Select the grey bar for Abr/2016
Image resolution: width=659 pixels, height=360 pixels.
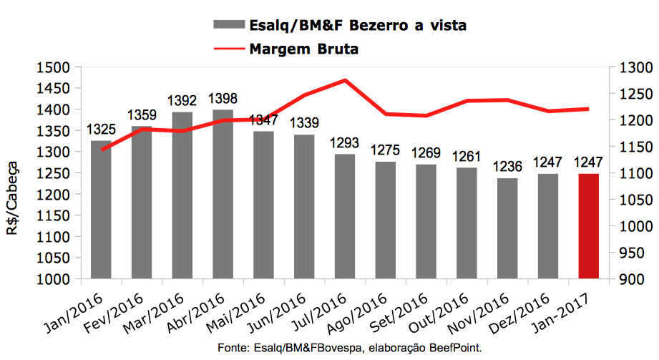pos(223,194)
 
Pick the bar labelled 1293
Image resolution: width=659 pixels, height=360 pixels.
pos(345,216)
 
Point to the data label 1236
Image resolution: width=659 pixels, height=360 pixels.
pos(507,168)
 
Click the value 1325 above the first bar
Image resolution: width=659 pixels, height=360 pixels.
pos(101,130)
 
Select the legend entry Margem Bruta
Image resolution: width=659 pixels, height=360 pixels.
pos(303,49)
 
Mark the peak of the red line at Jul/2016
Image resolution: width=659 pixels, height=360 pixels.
pos(346,80)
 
